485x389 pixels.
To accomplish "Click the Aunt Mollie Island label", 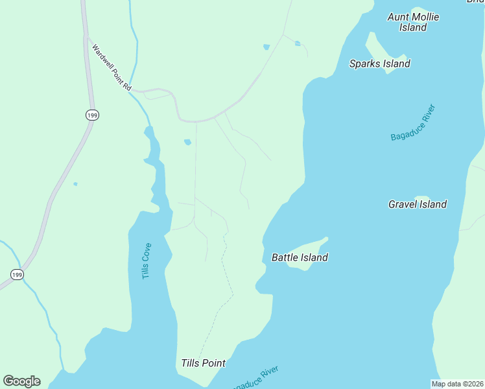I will point(413,22).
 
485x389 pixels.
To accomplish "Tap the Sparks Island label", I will point(379,64).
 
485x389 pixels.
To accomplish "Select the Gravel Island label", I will point(417,204).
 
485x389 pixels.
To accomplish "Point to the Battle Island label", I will point(299,257).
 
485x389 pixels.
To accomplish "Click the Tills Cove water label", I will point(147,261).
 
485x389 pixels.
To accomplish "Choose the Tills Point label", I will point(203,363).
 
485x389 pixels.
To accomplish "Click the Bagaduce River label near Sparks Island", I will point(413,123).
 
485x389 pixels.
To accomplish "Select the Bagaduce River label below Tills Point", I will point(256,379).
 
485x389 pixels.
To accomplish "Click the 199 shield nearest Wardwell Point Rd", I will point(91,115).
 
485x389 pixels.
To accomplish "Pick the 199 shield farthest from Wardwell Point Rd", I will point(17,275).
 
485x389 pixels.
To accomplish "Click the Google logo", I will point(21,381).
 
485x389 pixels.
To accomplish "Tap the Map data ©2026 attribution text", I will point(458,384).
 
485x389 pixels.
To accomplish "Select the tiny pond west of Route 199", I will point(75,184).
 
